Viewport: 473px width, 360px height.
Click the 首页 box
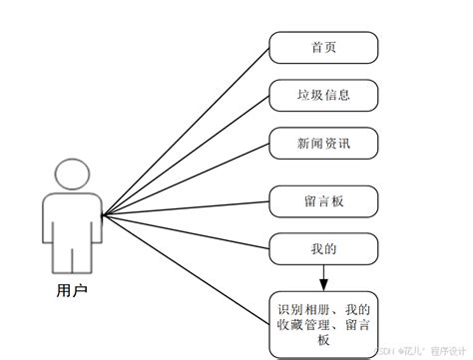click(323, 47)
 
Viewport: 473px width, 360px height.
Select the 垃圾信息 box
click(323, 96)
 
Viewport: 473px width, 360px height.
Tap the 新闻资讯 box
click(323, 145)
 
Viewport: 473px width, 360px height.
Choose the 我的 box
click(323, 246)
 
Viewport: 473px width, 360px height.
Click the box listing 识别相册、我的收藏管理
click(324, 321)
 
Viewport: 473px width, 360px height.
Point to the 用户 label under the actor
click(73, 291)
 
